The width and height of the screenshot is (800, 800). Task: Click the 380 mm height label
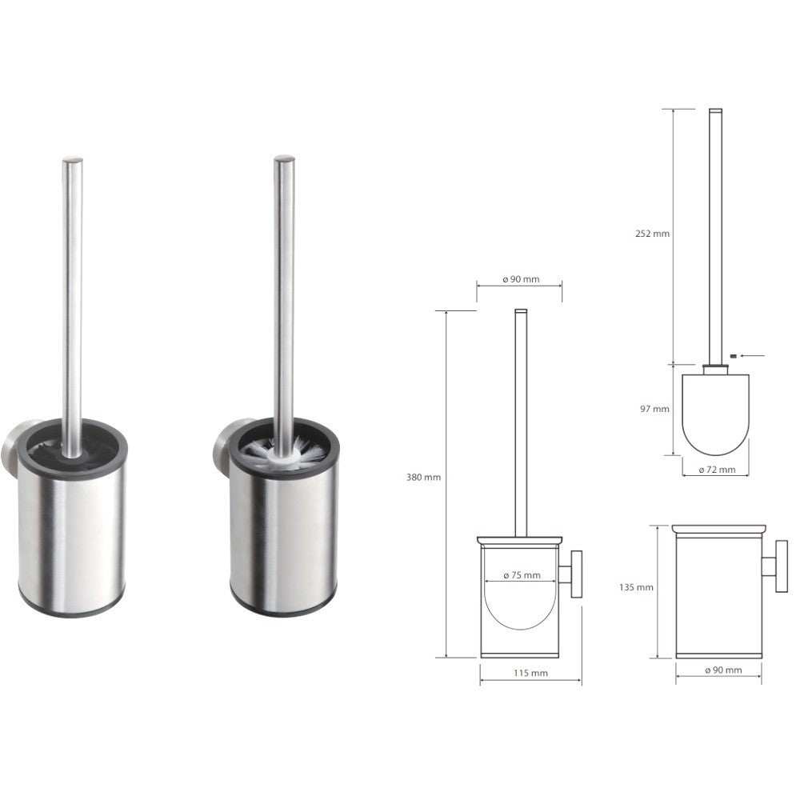pos(424,478)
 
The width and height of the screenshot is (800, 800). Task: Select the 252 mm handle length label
pos(654,234)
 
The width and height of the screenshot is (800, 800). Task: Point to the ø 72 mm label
pos(715,470)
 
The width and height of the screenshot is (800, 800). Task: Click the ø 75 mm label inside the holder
pos(521,575)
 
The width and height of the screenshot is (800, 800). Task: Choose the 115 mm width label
pos(530,673)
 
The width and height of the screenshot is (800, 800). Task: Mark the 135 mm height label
pos(637,587)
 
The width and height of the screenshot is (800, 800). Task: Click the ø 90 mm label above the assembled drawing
pos(520,279)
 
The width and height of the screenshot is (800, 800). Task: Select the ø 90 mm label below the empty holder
pos(722,670)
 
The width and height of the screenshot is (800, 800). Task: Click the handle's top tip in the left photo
pos(72,160)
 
